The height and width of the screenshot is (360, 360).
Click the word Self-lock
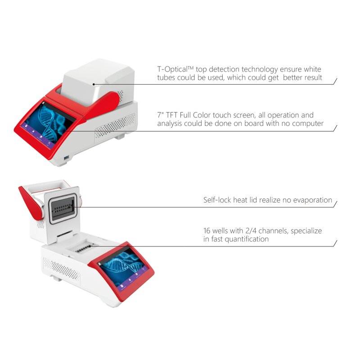(217, 200)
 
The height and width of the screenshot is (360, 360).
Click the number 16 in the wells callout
(207, 231)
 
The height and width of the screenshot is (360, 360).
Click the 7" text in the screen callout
(160, 116)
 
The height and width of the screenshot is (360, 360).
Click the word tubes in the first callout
(166, 78)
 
